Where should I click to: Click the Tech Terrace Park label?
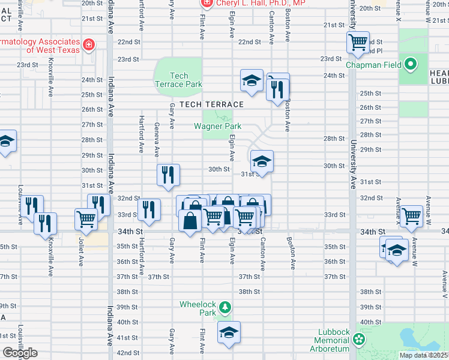pyautogui.click(x=178, y=80)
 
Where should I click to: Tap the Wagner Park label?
pyautogui.click(x=217, y=126)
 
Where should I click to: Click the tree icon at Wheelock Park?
pyautogui.click(x=225, y=308)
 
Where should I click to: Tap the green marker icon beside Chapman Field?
pyautogui.click(x=411, y=63)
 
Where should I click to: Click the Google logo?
pyautogui.click(x=20, y=353)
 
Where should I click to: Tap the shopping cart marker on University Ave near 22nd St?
pyautogui.click(x=358, y=43)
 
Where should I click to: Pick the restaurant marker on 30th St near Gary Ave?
pyautogui.click(x=169, y=174)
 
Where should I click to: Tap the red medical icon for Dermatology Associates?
pyautogui.click(x=89, y=44)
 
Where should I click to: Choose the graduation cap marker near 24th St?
pyautogui.click(x=252, y=80)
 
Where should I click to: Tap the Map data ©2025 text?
pyautogui.click(x=423, y=355)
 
